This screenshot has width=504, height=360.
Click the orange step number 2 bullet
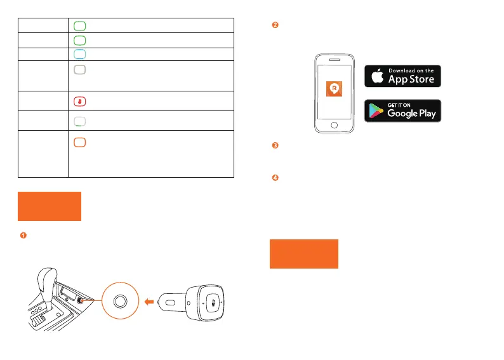coord(275,25)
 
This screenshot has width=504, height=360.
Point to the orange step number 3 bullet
coord(275,146)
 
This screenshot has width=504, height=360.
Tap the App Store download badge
coord(402,76)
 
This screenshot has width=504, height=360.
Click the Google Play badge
coord(402,111)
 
